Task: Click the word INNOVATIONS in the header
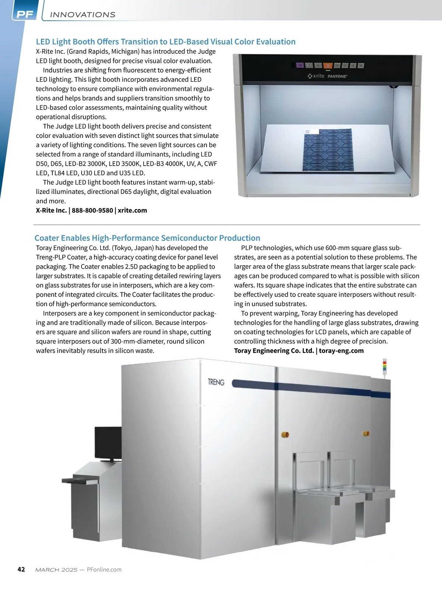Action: tap(83, 15)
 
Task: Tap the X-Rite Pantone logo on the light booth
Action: tap(327, 76)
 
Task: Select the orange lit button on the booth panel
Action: tap(328, 66)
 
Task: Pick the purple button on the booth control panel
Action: tap(300, 66)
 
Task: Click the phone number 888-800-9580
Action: tap(92, 211)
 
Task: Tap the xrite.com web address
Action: tap(132, 211)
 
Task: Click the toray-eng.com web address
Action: tap(341, 351)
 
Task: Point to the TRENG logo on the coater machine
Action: tap(216, 382)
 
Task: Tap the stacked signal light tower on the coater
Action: tap(385, 367)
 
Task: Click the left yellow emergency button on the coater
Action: tap(285, 434)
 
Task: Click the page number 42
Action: tap(21, 569)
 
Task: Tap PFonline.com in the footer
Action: tap(104, 570)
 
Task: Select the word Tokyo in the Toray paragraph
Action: tap(125, 248)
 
